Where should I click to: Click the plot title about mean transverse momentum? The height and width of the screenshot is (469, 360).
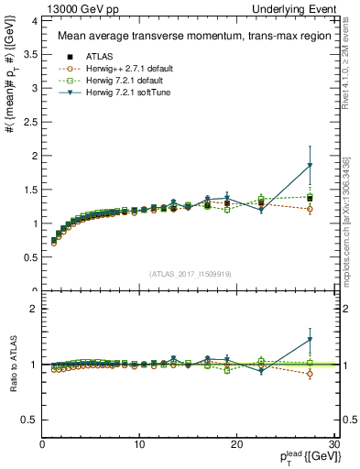click(x=176, y=37)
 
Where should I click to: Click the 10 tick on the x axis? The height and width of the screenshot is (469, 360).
click(x=139, y=444)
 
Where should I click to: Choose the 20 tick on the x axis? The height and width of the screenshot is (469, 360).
click(x=236, y=444)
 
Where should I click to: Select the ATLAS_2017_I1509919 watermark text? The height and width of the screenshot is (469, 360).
click(x=189, y=272)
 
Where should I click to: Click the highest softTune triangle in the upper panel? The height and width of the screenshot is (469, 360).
click(x=310, y=166)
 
